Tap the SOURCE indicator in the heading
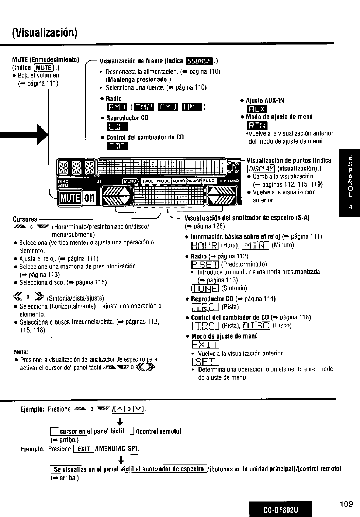click(199, 61)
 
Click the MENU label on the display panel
click(130, 181)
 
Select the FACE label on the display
click(148, 181)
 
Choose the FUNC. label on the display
click(210, 181)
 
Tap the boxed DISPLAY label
click(261, 169)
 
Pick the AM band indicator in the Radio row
click(192, 107)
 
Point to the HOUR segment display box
click(205, 246)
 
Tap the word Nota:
click(21, 352)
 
